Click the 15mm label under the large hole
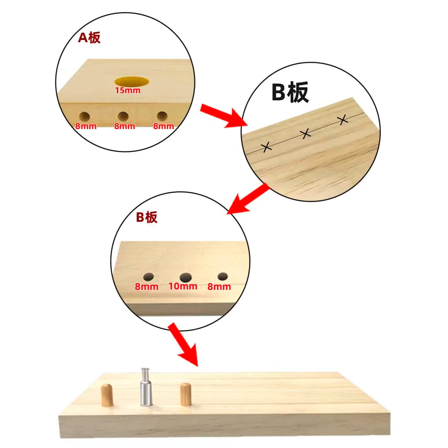(x=128, y=90)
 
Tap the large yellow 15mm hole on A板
(x=131, y=81)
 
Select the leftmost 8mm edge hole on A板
(x=84, y=116)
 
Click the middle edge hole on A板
(x=123, y=116)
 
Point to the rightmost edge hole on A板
(x=162, y=116)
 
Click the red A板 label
(x=89, y=38)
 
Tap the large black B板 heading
(x=290, y=92)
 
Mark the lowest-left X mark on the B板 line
(x=266, y=147)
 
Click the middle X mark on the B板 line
(x=306, y=134)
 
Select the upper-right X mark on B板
(x=343, y=120)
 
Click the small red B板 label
(x=146, y=217)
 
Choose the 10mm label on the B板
(x=183, y=286)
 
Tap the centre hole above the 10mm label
(x=186, y=277)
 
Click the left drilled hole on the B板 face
(x=149, y=277)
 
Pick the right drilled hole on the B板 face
(x=223, y=276)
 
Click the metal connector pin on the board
(x=146, y=387)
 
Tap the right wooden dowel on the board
(x=186, y=395)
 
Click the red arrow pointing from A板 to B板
(x=224, y=116)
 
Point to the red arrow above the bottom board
(x=183, y=345)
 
